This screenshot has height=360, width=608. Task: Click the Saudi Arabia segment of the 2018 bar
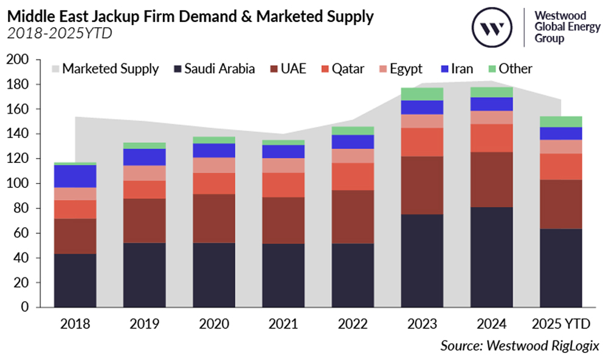75,280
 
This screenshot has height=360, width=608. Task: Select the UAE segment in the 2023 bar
422,185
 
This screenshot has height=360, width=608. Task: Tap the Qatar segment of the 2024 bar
491,138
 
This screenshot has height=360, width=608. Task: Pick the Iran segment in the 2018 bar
75,176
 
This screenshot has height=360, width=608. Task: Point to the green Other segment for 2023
422,94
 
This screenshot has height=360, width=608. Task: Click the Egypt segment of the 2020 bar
213,165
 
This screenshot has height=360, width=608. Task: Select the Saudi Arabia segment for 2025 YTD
561,268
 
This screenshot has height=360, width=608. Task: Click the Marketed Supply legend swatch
55,69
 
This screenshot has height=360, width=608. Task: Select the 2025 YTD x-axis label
561,324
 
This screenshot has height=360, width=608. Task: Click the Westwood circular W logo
492,28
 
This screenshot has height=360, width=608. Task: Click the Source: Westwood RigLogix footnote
520,345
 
